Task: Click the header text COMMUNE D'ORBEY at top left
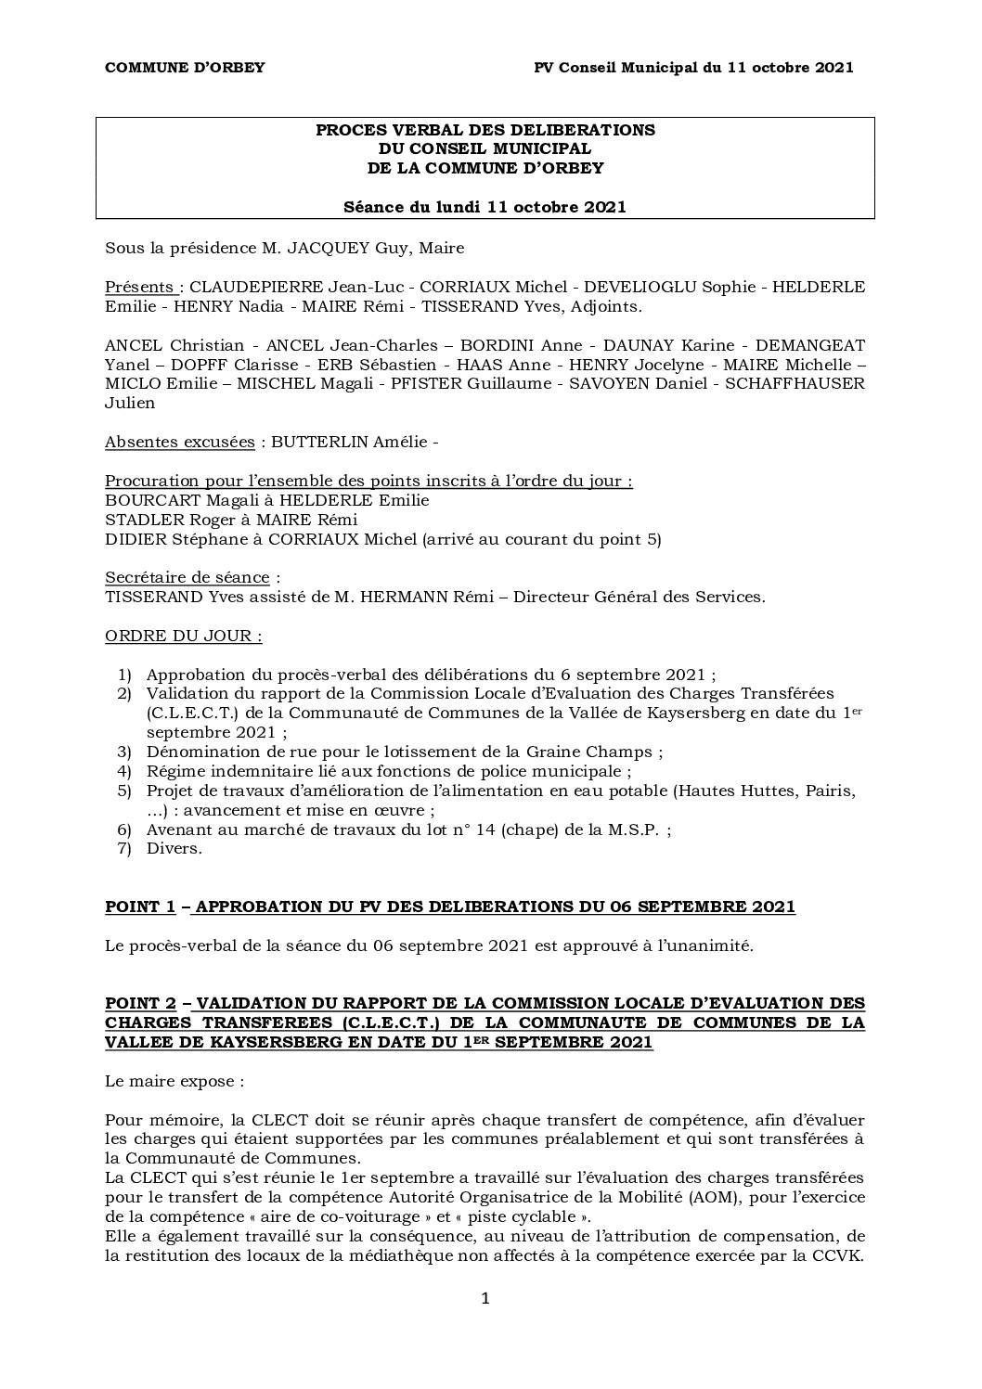click(x=185, y=67)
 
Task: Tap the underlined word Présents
click(x=139, y=287)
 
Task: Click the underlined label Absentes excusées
click(x=179, y=442)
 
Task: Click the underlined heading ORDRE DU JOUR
click(x=183, y=636)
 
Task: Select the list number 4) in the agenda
click(x=124, y=771)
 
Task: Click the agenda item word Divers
click(x=174, y=848)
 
